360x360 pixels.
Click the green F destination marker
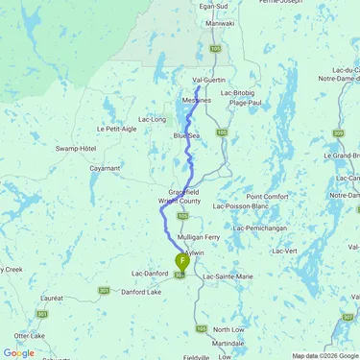182,259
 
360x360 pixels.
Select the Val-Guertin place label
209,81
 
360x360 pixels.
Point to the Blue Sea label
186,136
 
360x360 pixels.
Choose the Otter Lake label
24,336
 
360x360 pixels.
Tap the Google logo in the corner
18,352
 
